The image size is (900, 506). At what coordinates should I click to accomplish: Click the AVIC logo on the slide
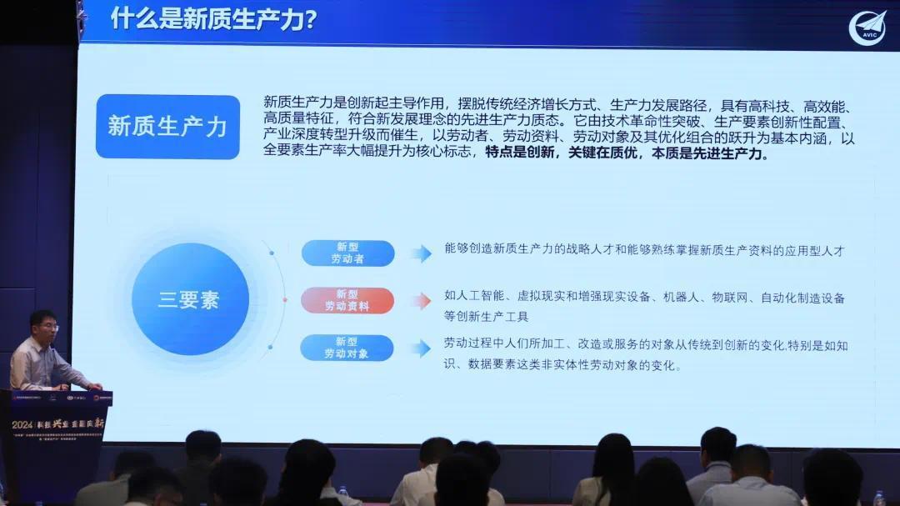867,27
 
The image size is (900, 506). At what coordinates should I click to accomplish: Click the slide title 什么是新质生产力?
212,18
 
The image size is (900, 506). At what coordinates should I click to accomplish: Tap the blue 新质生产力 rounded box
167,127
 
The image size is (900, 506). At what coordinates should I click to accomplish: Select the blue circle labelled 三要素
190,299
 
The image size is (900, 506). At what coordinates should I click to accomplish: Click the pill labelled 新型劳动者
347,253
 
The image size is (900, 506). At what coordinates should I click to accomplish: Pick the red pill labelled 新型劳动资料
347,300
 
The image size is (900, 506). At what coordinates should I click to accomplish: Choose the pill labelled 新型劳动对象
347,348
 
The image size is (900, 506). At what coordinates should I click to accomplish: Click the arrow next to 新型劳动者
421,253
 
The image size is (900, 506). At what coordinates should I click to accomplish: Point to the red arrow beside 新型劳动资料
421,301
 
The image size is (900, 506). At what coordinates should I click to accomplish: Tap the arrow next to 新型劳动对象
421,348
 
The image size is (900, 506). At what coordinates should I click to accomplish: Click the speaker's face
42,327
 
